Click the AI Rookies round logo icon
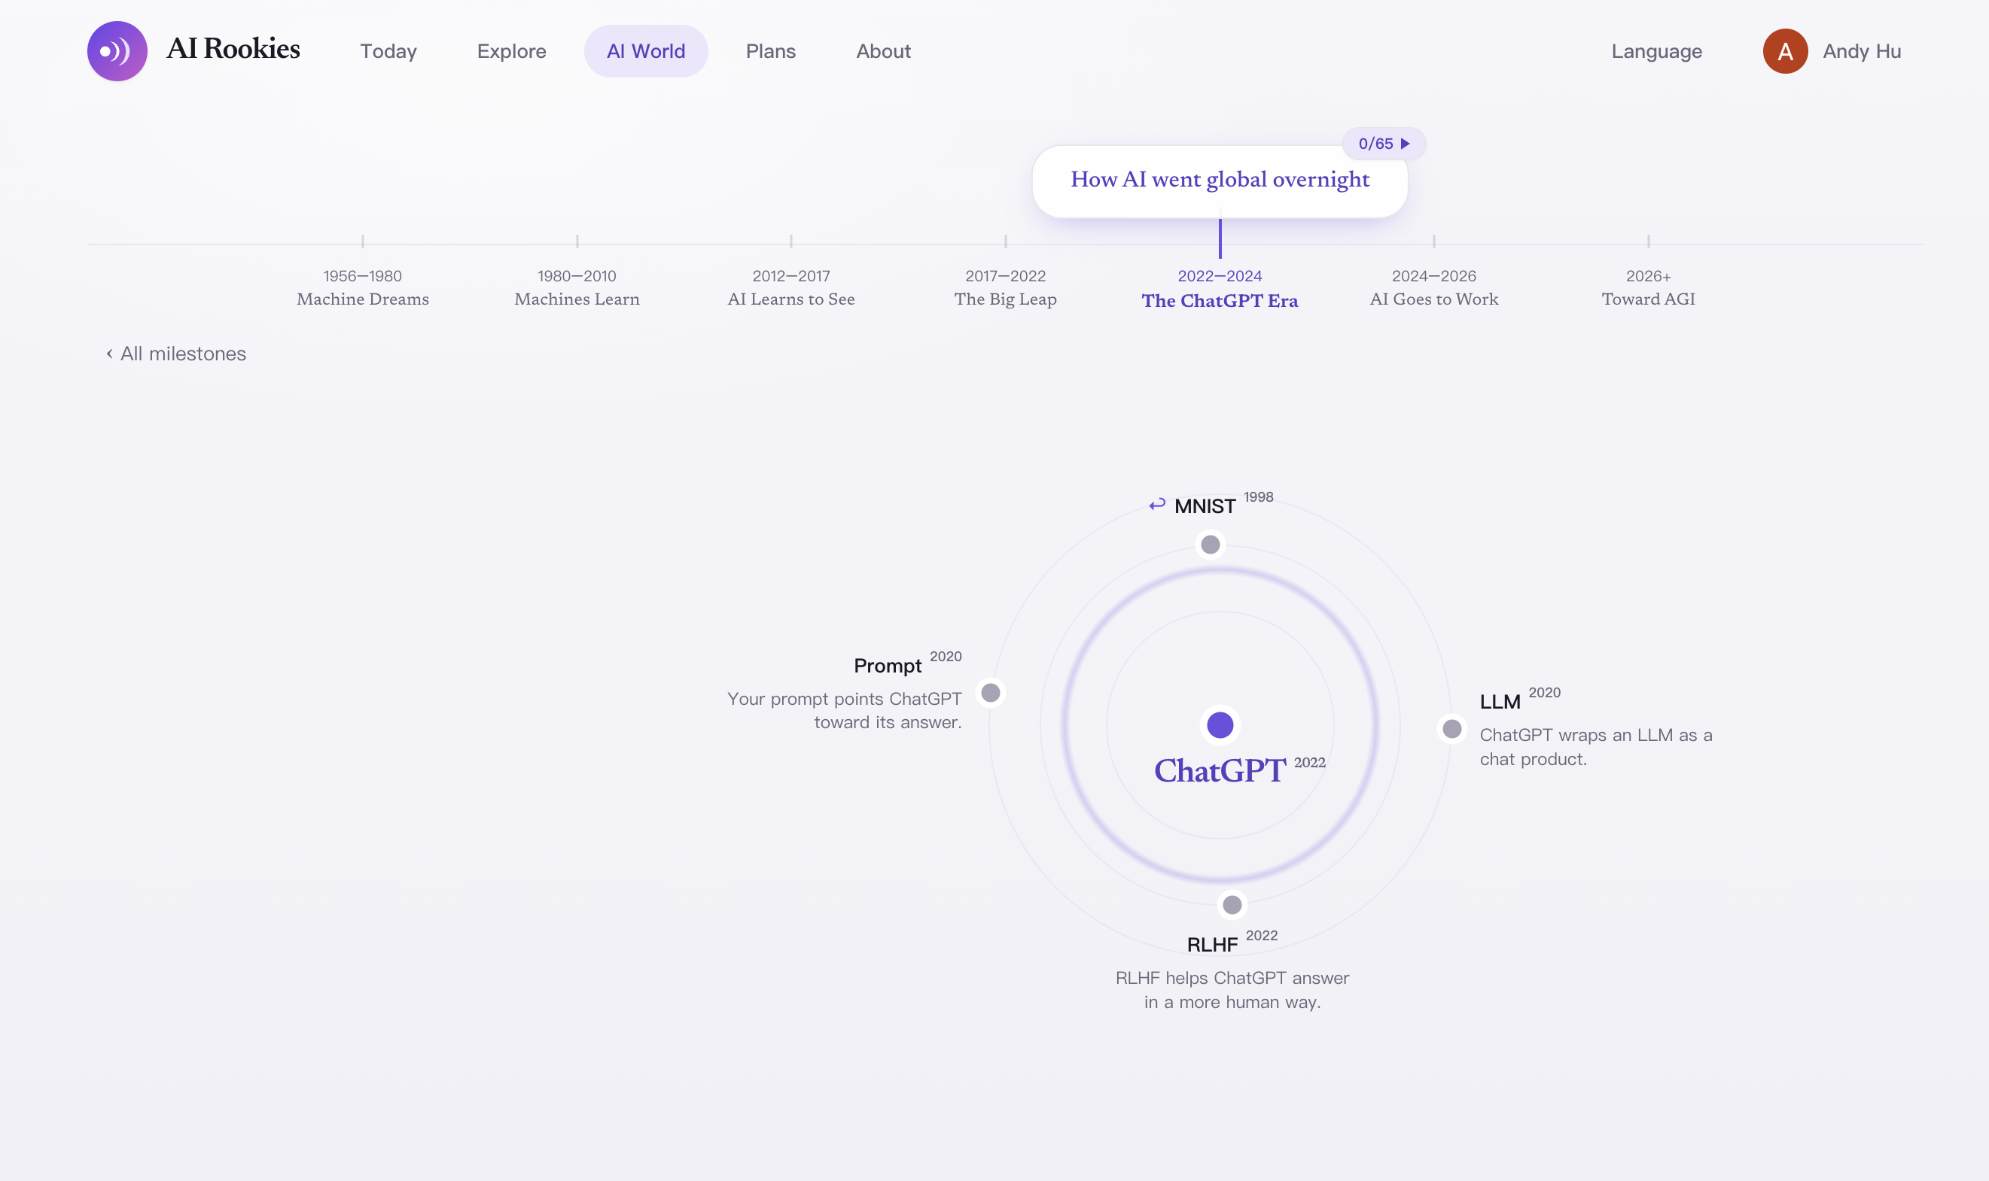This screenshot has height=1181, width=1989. [x=117, y=51]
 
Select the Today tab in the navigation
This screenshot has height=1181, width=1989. [x=388, y=51]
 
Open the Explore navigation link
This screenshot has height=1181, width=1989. [x=511, y=51]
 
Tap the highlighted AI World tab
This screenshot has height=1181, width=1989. [x=646, y=51]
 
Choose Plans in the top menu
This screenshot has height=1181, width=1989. [x=770, y=51]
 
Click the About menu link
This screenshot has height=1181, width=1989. [x=883, y=51]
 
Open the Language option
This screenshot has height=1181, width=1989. [x=1656, y=51]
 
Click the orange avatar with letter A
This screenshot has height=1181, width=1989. [x=1785, y=51]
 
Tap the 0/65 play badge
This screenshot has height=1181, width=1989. [x=1384, y=143]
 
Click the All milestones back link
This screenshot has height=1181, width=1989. [x=176, y=354]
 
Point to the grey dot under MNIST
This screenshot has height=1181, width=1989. [x=1210, y=545]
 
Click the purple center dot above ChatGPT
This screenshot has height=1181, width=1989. [x=1220, y=725]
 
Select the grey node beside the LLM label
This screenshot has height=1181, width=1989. [x=1451, y=729]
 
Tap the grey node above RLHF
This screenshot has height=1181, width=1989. [x=1232, y=905]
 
